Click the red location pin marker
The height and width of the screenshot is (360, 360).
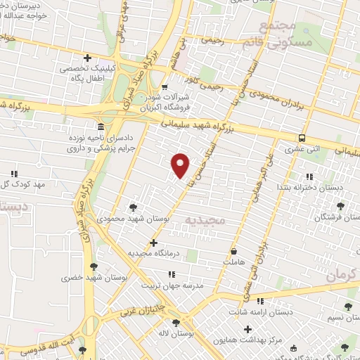point(181,165)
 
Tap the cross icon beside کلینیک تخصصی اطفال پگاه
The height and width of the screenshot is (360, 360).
point(88,58)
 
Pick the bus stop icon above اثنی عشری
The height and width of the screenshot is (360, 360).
point(302,138)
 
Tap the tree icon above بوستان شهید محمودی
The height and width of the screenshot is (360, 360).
point(134,207)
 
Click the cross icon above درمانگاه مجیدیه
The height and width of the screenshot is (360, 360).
point(153,243)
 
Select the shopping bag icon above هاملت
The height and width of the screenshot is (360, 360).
point(233,250)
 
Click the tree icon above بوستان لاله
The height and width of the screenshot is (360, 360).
point(176,323)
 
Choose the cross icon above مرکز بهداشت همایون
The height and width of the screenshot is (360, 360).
point(247,328)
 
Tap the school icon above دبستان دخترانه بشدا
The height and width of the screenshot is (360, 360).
point(308,176)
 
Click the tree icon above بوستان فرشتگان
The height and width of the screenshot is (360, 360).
point(341,207)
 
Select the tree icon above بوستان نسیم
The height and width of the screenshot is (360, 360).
point(347,307)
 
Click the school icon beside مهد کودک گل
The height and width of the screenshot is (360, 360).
point(13,173)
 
